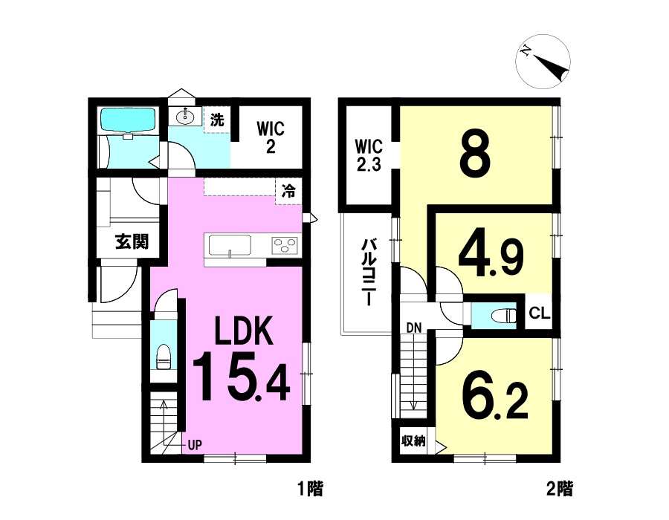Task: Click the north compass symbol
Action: [543, 62]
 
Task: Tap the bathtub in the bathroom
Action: [129, 120]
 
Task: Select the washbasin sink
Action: [186, 116]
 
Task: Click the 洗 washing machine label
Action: [217, 120]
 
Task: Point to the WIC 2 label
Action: [271, 137]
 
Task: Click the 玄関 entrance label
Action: [132, 242]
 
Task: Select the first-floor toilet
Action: [164, 357]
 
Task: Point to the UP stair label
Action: [195, 446]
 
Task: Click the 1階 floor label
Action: [310, 489]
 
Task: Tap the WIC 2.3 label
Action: [369, 155]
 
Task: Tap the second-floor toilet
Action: [503, 316]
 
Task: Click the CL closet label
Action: [540, 313]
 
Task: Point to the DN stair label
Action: [413, 328]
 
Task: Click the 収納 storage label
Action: [413, 441]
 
